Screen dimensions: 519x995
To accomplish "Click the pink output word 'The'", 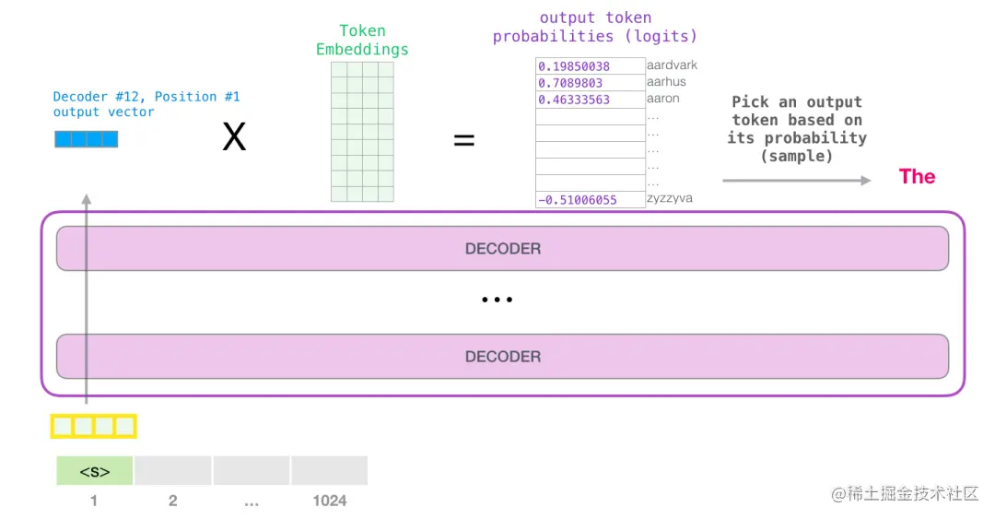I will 917,177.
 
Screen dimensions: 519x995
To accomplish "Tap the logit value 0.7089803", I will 571,83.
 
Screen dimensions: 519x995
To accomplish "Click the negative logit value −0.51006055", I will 577,200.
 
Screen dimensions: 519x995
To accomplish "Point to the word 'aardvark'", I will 672,65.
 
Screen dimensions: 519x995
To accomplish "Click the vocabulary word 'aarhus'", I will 666,82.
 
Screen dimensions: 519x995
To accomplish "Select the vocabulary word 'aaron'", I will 662,99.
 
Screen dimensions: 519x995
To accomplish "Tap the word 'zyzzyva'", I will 669,199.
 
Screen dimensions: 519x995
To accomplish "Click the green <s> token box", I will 94,471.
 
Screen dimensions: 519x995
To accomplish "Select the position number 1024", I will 329,501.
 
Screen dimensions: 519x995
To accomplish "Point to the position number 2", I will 172,501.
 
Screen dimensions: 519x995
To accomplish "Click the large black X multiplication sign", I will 235,138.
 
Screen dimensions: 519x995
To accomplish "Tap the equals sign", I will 464,140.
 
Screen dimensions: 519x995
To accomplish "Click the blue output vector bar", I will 87,140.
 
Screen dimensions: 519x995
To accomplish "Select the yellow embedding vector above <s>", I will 93,426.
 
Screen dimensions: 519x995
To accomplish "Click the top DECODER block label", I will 502,249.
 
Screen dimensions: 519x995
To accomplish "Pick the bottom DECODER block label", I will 502,357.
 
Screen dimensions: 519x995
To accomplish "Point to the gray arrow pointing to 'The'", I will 796,181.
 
